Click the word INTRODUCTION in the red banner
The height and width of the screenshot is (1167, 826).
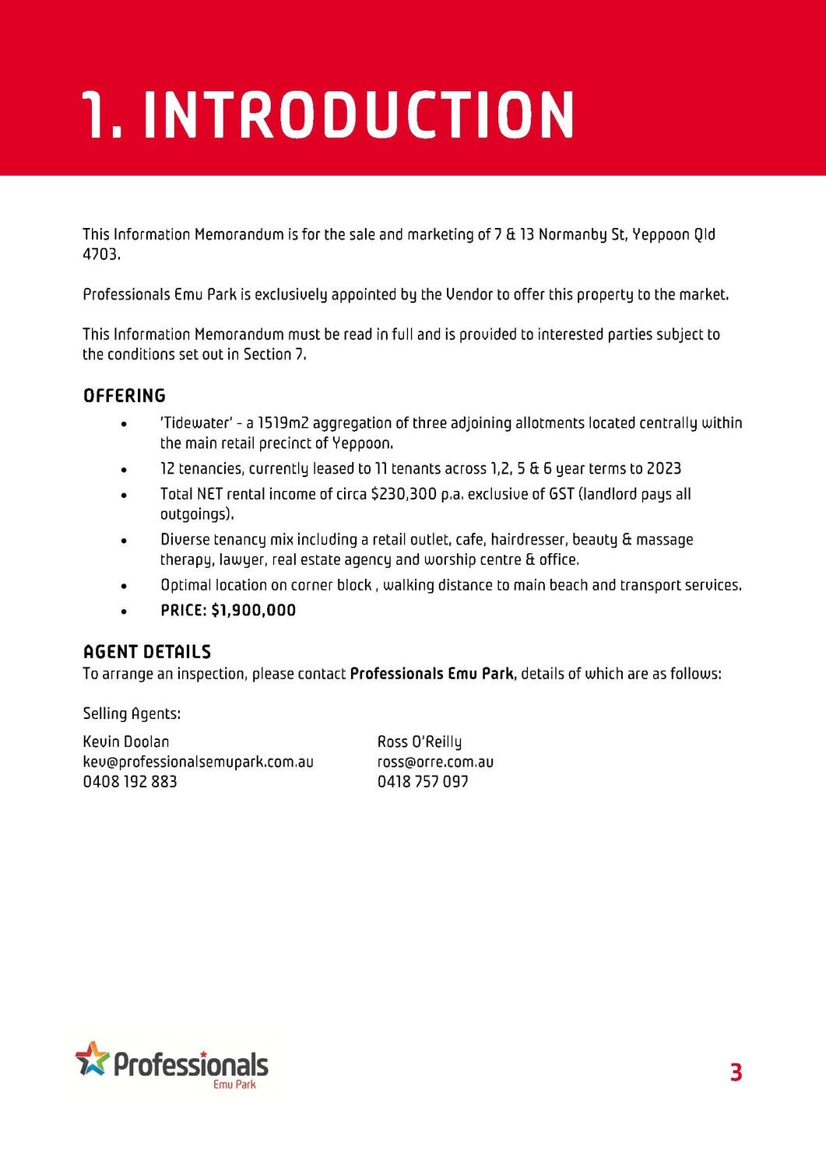[358, 115]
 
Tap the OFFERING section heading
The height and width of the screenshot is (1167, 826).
[125, 396]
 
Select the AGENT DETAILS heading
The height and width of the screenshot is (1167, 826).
[147, 652]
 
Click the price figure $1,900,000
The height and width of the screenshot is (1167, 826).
[254, 611]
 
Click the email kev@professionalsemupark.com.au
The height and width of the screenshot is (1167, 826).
[198, 762]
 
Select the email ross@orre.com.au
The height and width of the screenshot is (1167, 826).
[435, 762]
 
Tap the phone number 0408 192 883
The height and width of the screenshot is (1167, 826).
[130, 782]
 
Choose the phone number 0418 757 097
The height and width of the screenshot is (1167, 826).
[423, 782]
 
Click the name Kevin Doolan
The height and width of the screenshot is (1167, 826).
[126, 741]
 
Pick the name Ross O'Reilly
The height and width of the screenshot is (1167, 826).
[420, 741]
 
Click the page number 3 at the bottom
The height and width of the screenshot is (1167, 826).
[736, 1072]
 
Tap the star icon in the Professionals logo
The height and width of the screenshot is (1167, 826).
[92, 1059]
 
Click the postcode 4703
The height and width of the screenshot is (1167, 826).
[100, 254]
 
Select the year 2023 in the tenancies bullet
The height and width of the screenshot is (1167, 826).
[664, 468]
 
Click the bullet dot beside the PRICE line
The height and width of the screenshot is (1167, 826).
[124, 612]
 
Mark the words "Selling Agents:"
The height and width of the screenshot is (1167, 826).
[132, 713]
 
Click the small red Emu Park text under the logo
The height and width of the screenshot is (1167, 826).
[234, 1085]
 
